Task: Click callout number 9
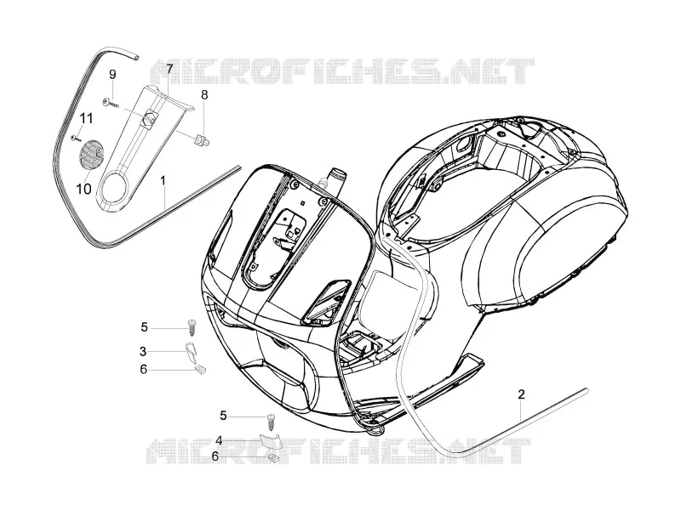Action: (x=112, y=75)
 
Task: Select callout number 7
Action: (x=169, y=69)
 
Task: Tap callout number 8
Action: (x=204, y=94)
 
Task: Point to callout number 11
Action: (x=86, y=118)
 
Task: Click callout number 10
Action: (x=83, y=189)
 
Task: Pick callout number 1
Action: (x=163, y=180)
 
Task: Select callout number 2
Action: (x=521, y=394)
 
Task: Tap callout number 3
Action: (x=143, y=351)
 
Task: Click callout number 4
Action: (x=219, y=440)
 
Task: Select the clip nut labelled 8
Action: (x=201, y=139)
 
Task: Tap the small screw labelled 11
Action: (x=75, y=138)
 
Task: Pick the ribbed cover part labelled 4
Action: (x=271, y=442)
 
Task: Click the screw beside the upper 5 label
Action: (x=190, y=327)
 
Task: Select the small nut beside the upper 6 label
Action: (x=200, y=370)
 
